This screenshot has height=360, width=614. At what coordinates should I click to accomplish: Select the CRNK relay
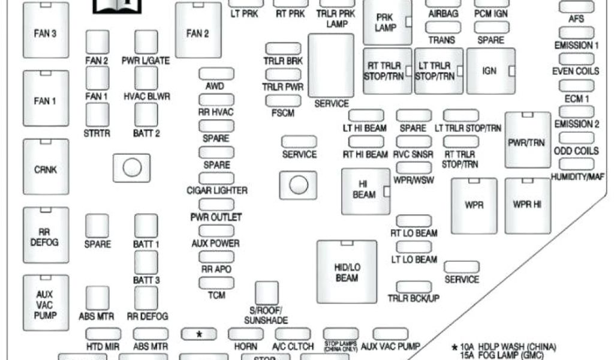pyautogui.click(x=46, y=170)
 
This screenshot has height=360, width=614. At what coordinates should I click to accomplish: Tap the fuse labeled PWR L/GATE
pyautogui.click(x=146, y=42)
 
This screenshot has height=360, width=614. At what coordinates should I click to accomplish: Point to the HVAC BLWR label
pyautogui.click(x=147, y=96)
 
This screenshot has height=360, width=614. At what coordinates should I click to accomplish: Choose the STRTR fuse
pyautogui.click(x=98, y=114)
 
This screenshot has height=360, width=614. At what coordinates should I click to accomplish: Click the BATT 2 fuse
pyautogui.click(x=146, y=114)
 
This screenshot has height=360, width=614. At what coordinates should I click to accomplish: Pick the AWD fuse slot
pyautogui.click(x=216, y=74)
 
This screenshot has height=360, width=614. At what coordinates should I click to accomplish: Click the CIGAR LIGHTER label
pyautogui.click(x=217, y=190)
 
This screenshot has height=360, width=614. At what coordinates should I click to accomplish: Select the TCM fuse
pyautogui.click(x=216, y=283)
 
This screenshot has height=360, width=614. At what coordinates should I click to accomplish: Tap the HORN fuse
pyautogui.click(x=245, y=334)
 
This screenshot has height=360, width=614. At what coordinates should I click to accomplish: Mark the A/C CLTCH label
pyautogui.click(x=293, y=346)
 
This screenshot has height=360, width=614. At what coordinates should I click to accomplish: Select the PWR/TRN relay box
pyautogui.click(x=528, y=140)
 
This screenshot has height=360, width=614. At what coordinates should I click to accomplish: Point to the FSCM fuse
pyautogui.click(x=283, y=100)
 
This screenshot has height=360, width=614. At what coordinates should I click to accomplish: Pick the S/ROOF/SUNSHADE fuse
pyautogui.click(x=267, y=292)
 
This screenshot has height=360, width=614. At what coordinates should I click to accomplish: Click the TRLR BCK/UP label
pyautogui.click(x=413, y=298)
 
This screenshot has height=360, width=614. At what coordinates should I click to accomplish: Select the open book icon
pyautogui.click(x=118, y=6)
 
